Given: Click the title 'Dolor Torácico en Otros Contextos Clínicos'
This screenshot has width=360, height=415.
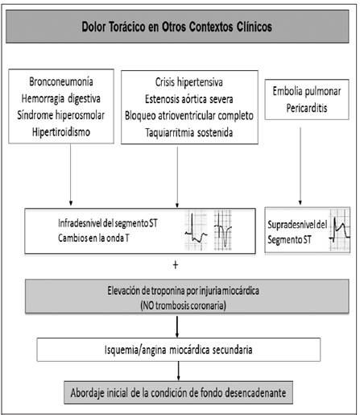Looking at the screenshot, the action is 176,27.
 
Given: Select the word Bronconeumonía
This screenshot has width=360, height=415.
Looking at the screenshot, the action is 61,81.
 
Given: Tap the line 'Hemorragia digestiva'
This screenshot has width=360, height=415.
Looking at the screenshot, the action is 61,98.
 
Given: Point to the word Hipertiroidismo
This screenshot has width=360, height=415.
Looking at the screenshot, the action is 61,132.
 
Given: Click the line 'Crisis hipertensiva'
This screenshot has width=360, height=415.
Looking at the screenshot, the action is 189,82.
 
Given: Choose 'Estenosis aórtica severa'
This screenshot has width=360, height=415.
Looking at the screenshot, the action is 189,99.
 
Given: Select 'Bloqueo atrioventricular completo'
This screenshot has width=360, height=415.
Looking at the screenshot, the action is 189,116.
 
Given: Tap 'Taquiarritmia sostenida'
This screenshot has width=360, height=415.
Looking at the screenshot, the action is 189,133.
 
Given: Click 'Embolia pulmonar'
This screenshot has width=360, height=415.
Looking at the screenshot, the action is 307,91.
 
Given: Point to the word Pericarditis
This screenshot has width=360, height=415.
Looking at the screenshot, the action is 307,108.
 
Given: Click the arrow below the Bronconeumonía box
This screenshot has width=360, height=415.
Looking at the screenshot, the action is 71,175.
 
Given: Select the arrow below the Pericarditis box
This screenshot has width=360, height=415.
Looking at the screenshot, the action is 300,166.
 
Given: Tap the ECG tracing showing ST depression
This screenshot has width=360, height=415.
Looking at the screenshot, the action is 197,230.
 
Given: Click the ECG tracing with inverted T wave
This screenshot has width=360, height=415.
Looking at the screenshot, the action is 223,230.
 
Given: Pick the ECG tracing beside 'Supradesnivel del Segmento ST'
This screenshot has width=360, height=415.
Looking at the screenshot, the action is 340,230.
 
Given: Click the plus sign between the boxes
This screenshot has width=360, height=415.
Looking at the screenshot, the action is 176,265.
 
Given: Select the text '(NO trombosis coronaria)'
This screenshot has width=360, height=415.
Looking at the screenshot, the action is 183,305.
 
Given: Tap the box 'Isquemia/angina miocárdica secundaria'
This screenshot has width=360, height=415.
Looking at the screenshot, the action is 179,350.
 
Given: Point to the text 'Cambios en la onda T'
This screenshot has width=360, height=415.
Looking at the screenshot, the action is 93,238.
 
